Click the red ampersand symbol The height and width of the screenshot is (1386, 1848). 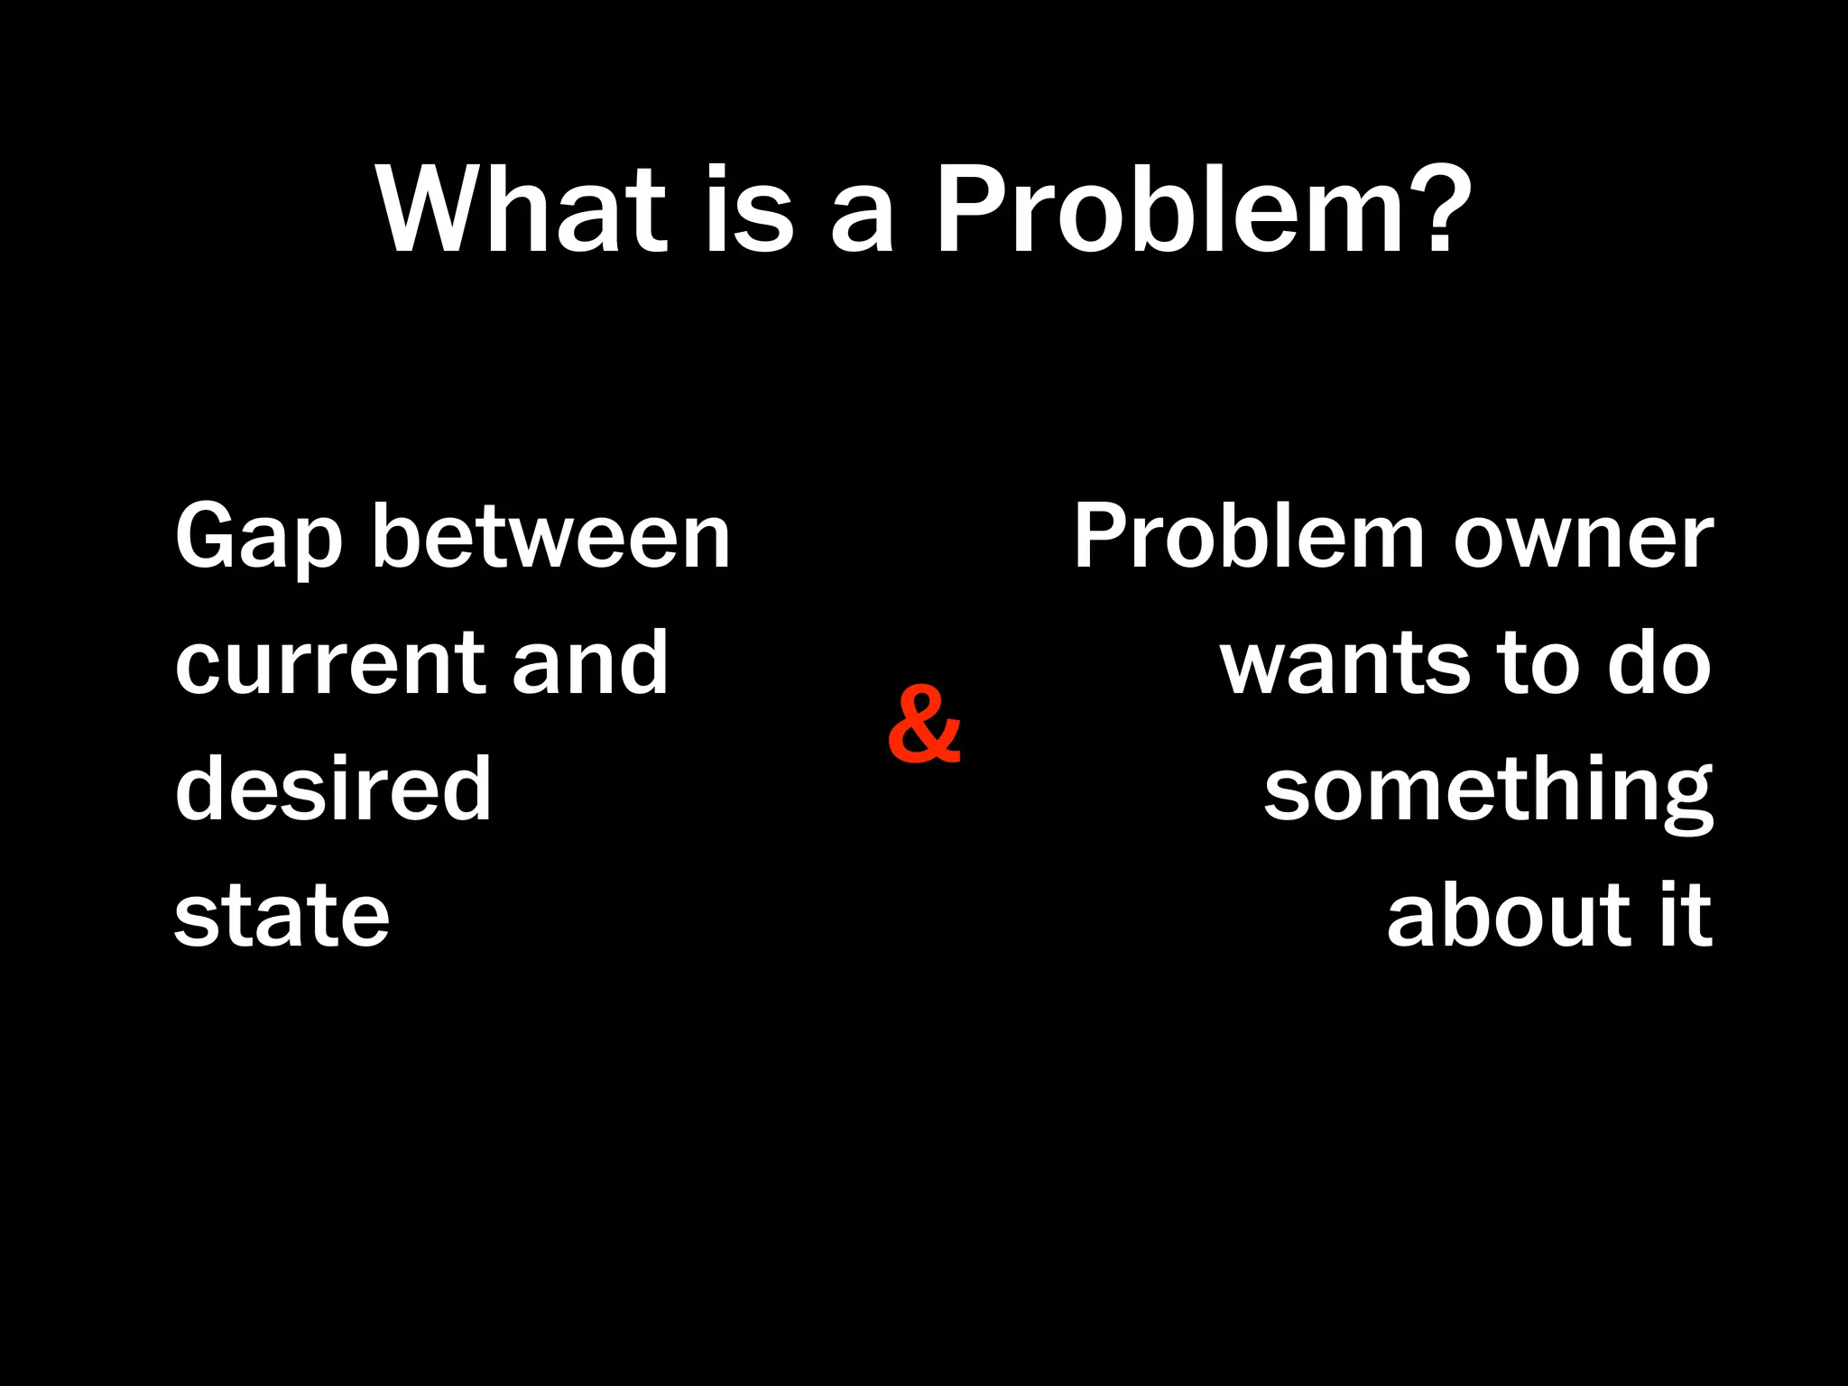click(x=923, y=725)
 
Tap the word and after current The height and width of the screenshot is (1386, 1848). click(x=590, y=663)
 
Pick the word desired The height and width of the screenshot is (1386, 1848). click(x=333, y=790)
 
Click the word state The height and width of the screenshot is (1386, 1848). click(x=282, y=916)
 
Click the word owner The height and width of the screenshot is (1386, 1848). click(x=1583, y=540)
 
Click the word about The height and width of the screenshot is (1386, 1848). click(x=1506, y=916)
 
